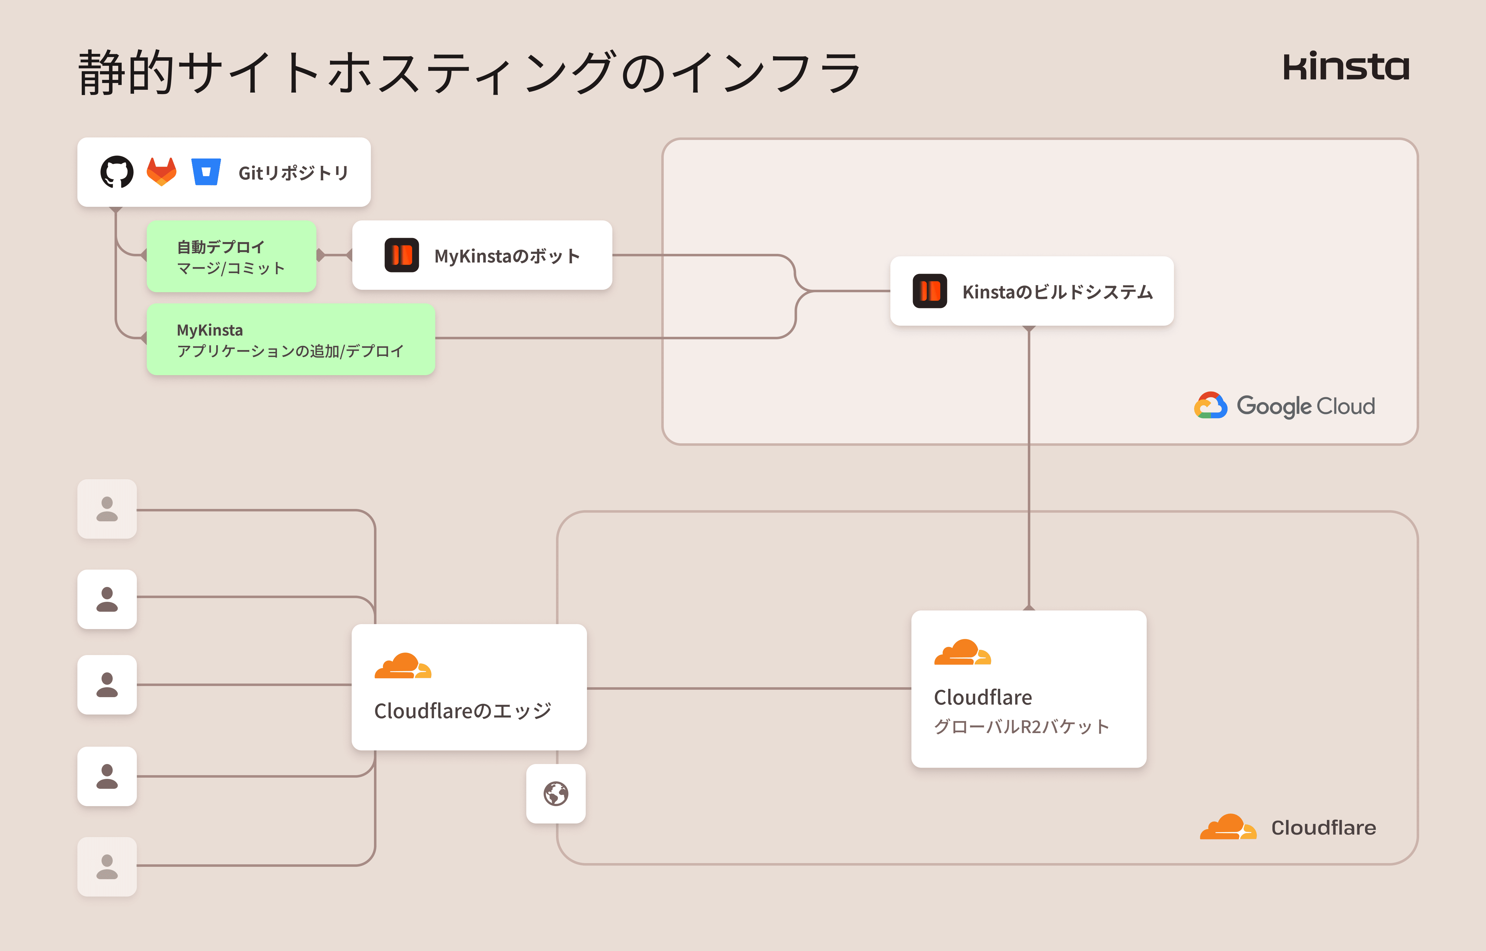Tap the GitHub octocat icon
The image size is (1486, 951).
click(x=117, y=172)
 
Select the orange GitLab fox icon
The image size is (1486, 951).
click(x=162, y=172)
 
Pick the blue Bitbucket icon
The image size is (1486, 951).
click(x=206, y=172)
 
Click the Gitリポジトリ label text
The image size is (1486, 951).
click(x=293, y=173)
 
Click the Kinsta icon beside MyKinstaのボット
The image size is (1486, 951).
click(x=401, y=255)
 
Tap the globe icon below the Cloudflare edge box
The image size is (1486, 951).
click(x=556, y=793)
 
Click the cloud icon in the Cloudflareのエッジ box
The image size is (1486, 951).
click(x=402, y=666)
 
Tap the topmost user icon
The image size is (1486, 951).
click(x=107, y=509)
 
